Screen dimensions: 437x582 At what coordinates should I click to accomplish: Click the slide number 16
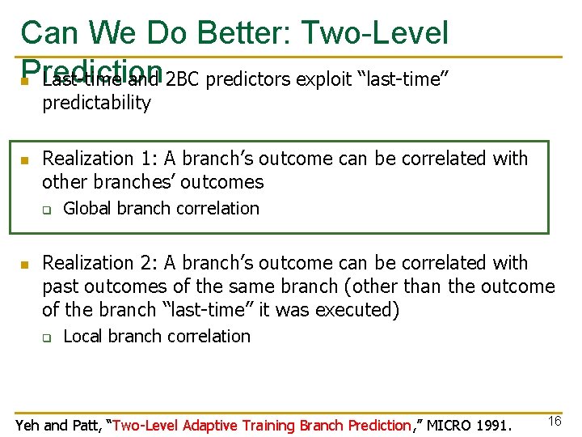(554, 421)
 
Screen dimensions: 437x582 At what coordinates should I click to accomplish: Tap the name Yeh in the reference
(28, 425)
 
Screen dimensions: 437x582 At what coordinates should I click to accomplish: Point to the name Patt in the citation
(84, 425)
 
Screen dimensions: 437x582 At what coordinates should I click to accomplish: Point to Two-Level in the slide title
(374, 33)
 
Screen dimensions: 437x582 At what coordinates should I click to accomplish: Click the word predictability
(96, 104)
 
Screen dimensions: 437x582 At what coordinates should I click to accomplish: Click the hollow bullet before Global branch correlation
(48, 210)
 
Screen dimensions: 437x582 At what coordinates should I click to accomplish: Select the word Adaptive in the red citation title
(213, 425)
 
